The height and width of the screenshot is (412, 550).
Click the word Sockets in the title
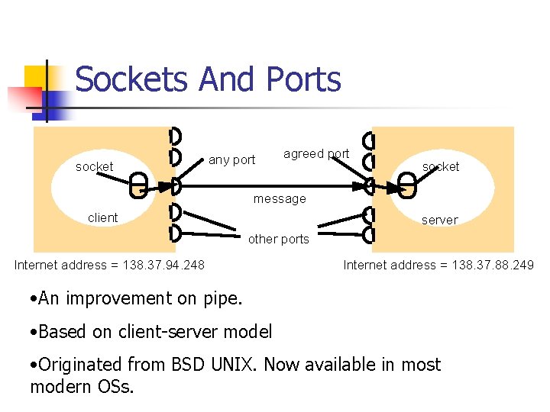131,79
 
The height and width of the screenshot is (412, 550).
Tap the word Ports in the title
303,79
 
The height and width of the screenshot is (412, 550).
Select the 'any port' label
231,160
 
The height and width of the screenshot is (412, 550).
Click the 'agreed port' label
316,154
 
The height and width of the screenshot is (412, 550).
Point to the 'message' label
280,199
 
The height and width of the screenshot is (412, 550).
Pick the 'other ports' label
279,239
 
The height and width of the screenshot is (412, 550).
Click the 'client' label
102,218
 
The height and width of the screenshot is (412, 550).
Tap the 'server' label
440,220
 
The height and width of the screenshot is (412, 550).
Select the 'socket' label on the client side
94,166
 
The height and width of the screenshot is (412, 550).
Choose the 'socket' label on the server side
441,166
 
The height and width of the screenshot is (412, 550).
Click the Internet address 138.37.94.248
109,266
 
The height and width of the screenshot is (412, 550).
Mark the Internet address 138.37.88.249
438,266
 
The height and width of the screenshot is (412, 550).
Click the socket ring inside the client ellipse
138,185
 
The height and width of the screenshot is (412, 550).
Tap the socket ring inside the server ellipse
408,185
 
